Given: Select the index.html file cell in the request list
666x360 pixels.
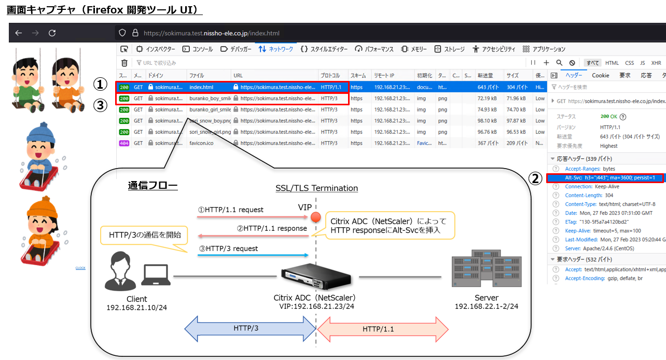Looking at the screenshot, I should coord(201,87).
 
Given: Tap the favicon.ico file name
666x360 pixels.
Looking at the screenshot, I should coord(201,143).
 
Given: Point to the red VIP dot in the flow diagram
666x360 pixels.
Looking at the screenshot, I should coord(314,217).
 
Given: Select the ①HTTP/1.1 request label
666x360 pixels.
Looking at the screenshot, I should coord(231,210).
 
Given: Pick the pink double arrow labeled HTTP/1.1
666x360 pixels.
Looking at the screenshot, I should coord(382,328).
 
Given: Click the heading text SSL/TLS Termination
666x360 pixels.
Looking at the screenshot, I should coord(316,188).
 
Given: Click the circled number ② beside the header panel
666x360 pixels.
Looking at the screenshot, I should coord(535,178).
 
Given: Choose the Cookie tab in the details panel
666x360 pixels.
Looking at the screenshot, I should coord(601,75).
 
